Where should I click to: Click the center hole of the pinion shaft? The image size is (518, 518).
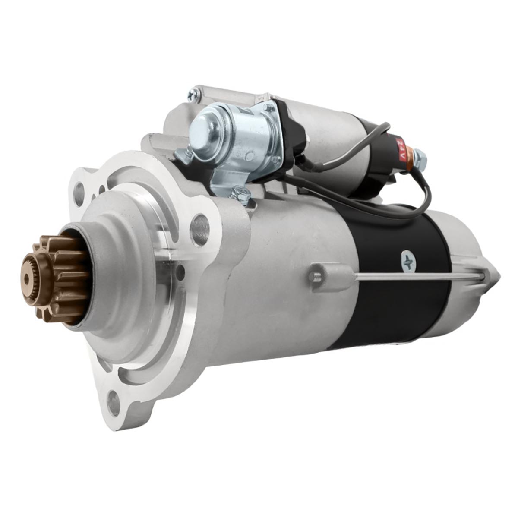(27, 280)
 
